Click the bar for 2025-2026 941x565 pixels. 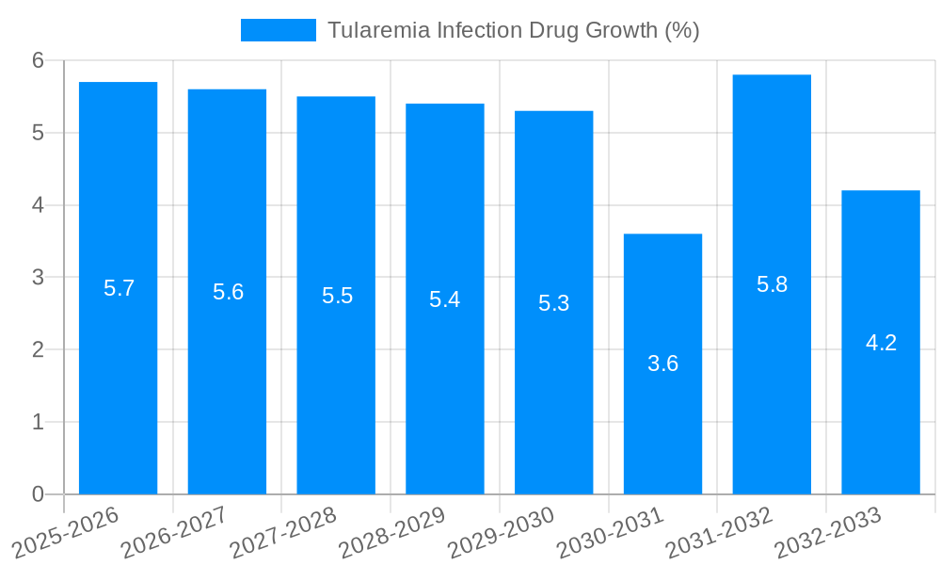(118, 377)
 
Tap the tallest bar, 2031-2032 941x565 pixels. (772, 377)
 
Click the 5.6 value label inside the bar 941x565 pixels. (228, 292)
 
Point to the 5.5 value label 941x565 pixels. (337, 296)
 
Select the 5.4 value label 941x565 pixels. (444, 299)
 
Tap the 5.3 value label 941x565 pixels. (553, 303)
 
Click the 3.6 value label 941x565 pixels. (662, 363)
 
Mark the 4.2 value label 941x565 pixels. (881, 343)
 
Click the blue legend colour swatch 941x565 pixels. (278, 30)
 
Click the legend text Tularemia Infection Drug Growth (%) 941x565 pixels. (513, 30)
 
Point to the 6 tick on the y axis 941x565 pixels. (39, 60)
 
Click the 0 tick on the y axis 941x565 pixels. (39, 494)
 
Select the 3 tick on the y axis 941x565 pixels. (39, 278)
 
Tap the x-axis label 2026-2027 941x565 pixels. (174, 532)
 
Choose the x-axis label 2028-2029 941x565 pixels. (391, 532)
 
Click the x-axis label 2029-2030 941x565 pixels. (501, 532)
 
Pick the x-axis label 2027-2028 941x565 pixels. (282, 532)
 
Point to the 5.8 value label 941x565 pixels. (772, 284)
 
